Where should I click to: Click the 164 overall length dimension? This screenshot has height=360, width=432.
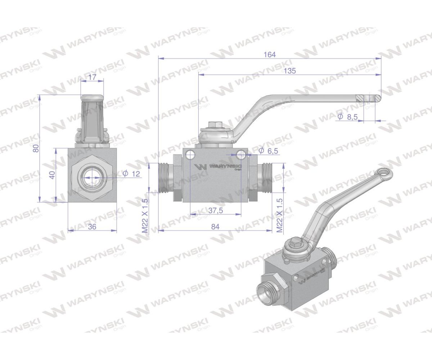tap(269, 54)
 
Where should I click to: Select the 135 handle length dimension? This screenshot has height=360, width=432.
tap(289, 71)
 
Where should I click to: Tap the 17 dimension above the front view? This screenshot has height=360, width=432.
tap(92, 77)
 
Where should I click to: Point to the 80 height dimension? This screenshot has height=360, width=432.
tap(36, 148)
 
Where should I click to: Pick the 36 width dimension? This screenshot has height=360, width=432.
tap(93, 227)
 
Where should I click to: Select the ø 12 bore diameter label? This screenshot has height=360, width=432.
tap(132, 174)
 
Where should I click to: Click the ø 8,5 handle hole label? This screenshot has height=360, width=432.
tap(348, 117)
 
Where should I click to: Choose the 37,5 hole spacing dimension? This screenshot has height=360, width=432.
tap(216, 211)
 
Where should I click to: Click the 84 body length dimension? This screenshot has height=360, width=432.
tap(215, 226)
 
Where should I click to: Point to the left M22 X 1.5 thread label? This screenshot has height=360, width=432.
tap(145, 216)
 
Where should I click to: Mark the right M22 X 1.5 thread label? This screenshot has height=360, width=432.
tap(279, 216)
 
